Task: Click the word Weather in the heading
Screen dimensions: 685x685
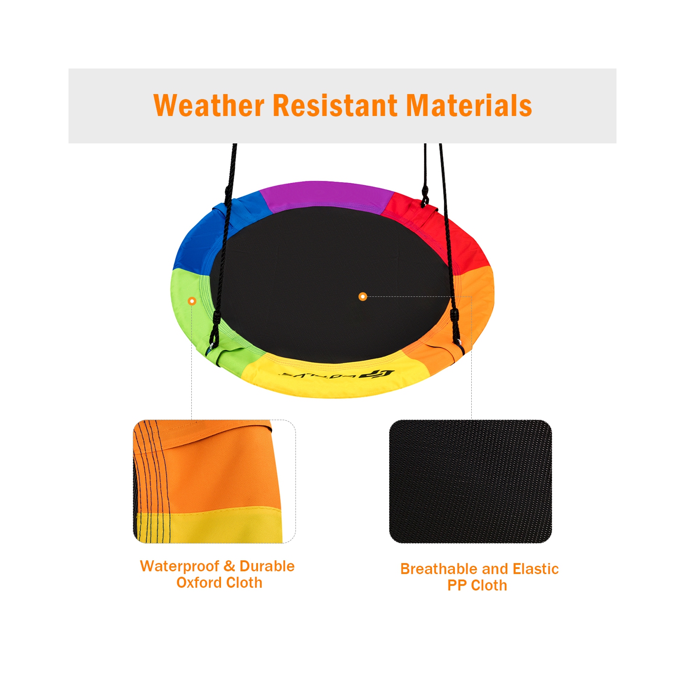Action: tap(209, 105)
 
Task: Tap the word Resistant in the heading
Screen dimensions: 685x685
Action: tap(335, 105)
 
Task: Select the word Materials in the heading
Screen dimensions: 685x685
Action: tap(469, 105)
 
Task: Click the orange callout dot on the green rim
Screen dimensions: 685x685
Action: tap(192, 301)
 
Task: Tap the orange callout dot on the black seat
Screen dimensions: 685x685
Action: tap(363, 296)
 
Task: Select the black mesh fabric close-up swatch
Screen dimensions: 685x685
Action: tap(470, 481)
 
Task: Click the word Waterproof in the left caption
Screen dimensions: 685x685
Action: tap(179, 566)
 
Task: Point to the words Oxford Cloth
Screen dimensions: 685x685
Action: tap(219, 583)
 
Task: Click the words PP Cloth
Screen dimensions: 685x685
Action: tap(477, 585)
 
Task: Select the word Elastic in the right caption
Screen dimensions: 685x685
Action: tap(536, 569)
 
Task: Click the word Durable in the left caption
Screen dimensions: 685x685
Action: tap(267, 566)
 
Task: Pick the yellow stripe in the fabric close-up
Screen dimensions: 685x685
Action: tap(210, 527)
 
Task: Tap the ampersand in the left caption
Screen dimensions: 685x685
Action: tap(229, 566)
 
